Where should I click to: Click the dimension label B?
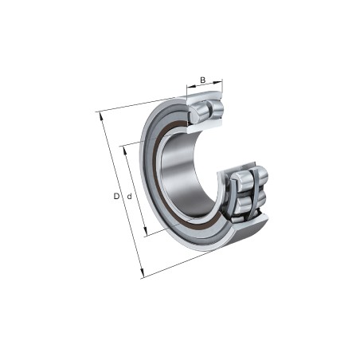[203, 80]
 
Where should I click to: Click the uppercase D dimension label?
[115, 196]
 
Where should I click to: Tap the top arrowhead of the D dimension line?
[100, 115]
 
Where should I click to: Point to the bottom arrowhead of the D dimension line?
[142, 275]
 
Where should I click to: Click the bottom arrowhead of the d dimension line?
[146, 234]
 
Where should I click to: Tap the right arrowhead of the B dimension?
[221, 80]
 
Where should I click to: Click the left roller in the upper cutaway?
[198, 112]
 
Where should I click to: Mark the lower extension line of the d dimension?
[159, 230]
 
